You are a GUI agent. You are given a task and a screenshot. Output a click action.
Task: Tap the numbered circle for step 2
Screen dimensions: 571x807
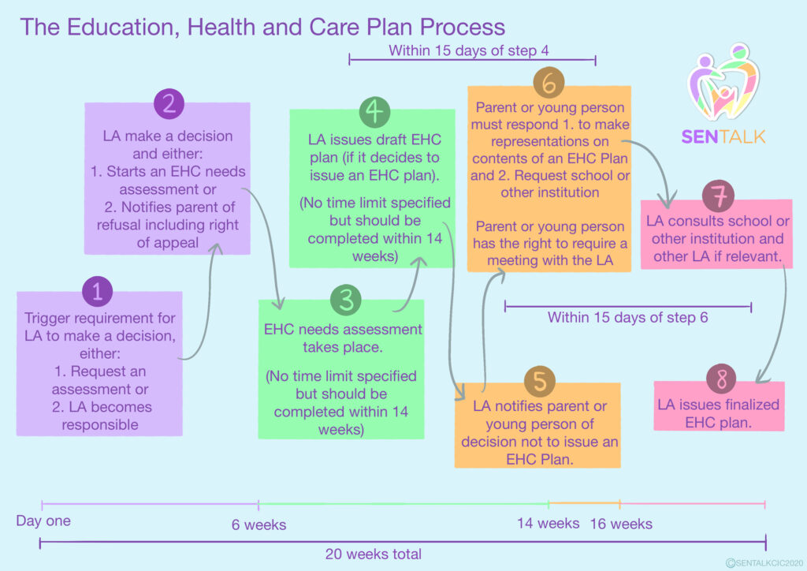click(169, 104)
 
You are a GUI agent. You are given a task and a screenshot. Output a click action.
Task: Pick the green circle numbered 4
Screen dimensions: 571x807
click(374, 111)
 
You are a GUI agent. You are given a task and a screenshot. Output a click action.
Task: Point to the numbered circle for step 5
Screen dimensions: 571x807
click(540, 380)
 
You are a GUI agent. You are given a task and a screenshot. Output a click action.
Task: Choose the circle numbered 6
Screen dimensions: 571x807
click(549, 83)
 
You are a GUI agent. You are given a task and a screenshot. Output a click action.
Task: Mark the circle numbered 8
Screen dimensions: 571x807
click(720, 380)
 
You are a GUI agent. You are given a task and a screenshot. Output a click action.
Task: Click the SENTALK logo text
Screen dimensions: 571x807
click(723, 136)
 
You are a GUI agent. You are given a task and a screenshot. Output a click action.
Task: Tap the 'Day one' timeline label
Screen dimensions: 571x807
click(43, 521)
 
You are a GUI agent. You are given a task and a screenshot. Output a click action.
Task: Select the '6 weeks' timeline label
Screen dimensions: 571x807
click(258, 524)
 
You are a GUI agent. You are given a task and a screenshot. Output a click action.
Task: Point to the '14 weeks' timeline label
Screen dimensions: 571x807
click(548, 524)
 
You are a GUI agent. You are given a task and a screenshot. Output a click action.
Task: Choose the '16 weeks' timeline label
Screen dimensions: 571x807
click(621, 524)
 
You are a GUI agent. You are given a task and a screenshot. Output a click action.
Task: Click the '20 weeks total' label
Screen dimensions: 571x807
click(373, 554)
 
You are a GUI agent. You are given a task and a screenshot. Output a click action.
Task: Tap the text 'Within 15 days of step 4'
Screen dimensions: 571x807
click(468, 50)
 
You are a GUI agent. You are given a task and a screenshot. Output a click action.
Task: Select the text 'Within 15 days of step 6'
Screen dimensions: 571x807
click(627, 318)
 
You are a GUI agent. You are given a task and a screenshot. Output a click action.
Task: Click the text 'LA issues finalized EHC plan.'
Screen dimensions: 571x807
click(719, 413)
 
